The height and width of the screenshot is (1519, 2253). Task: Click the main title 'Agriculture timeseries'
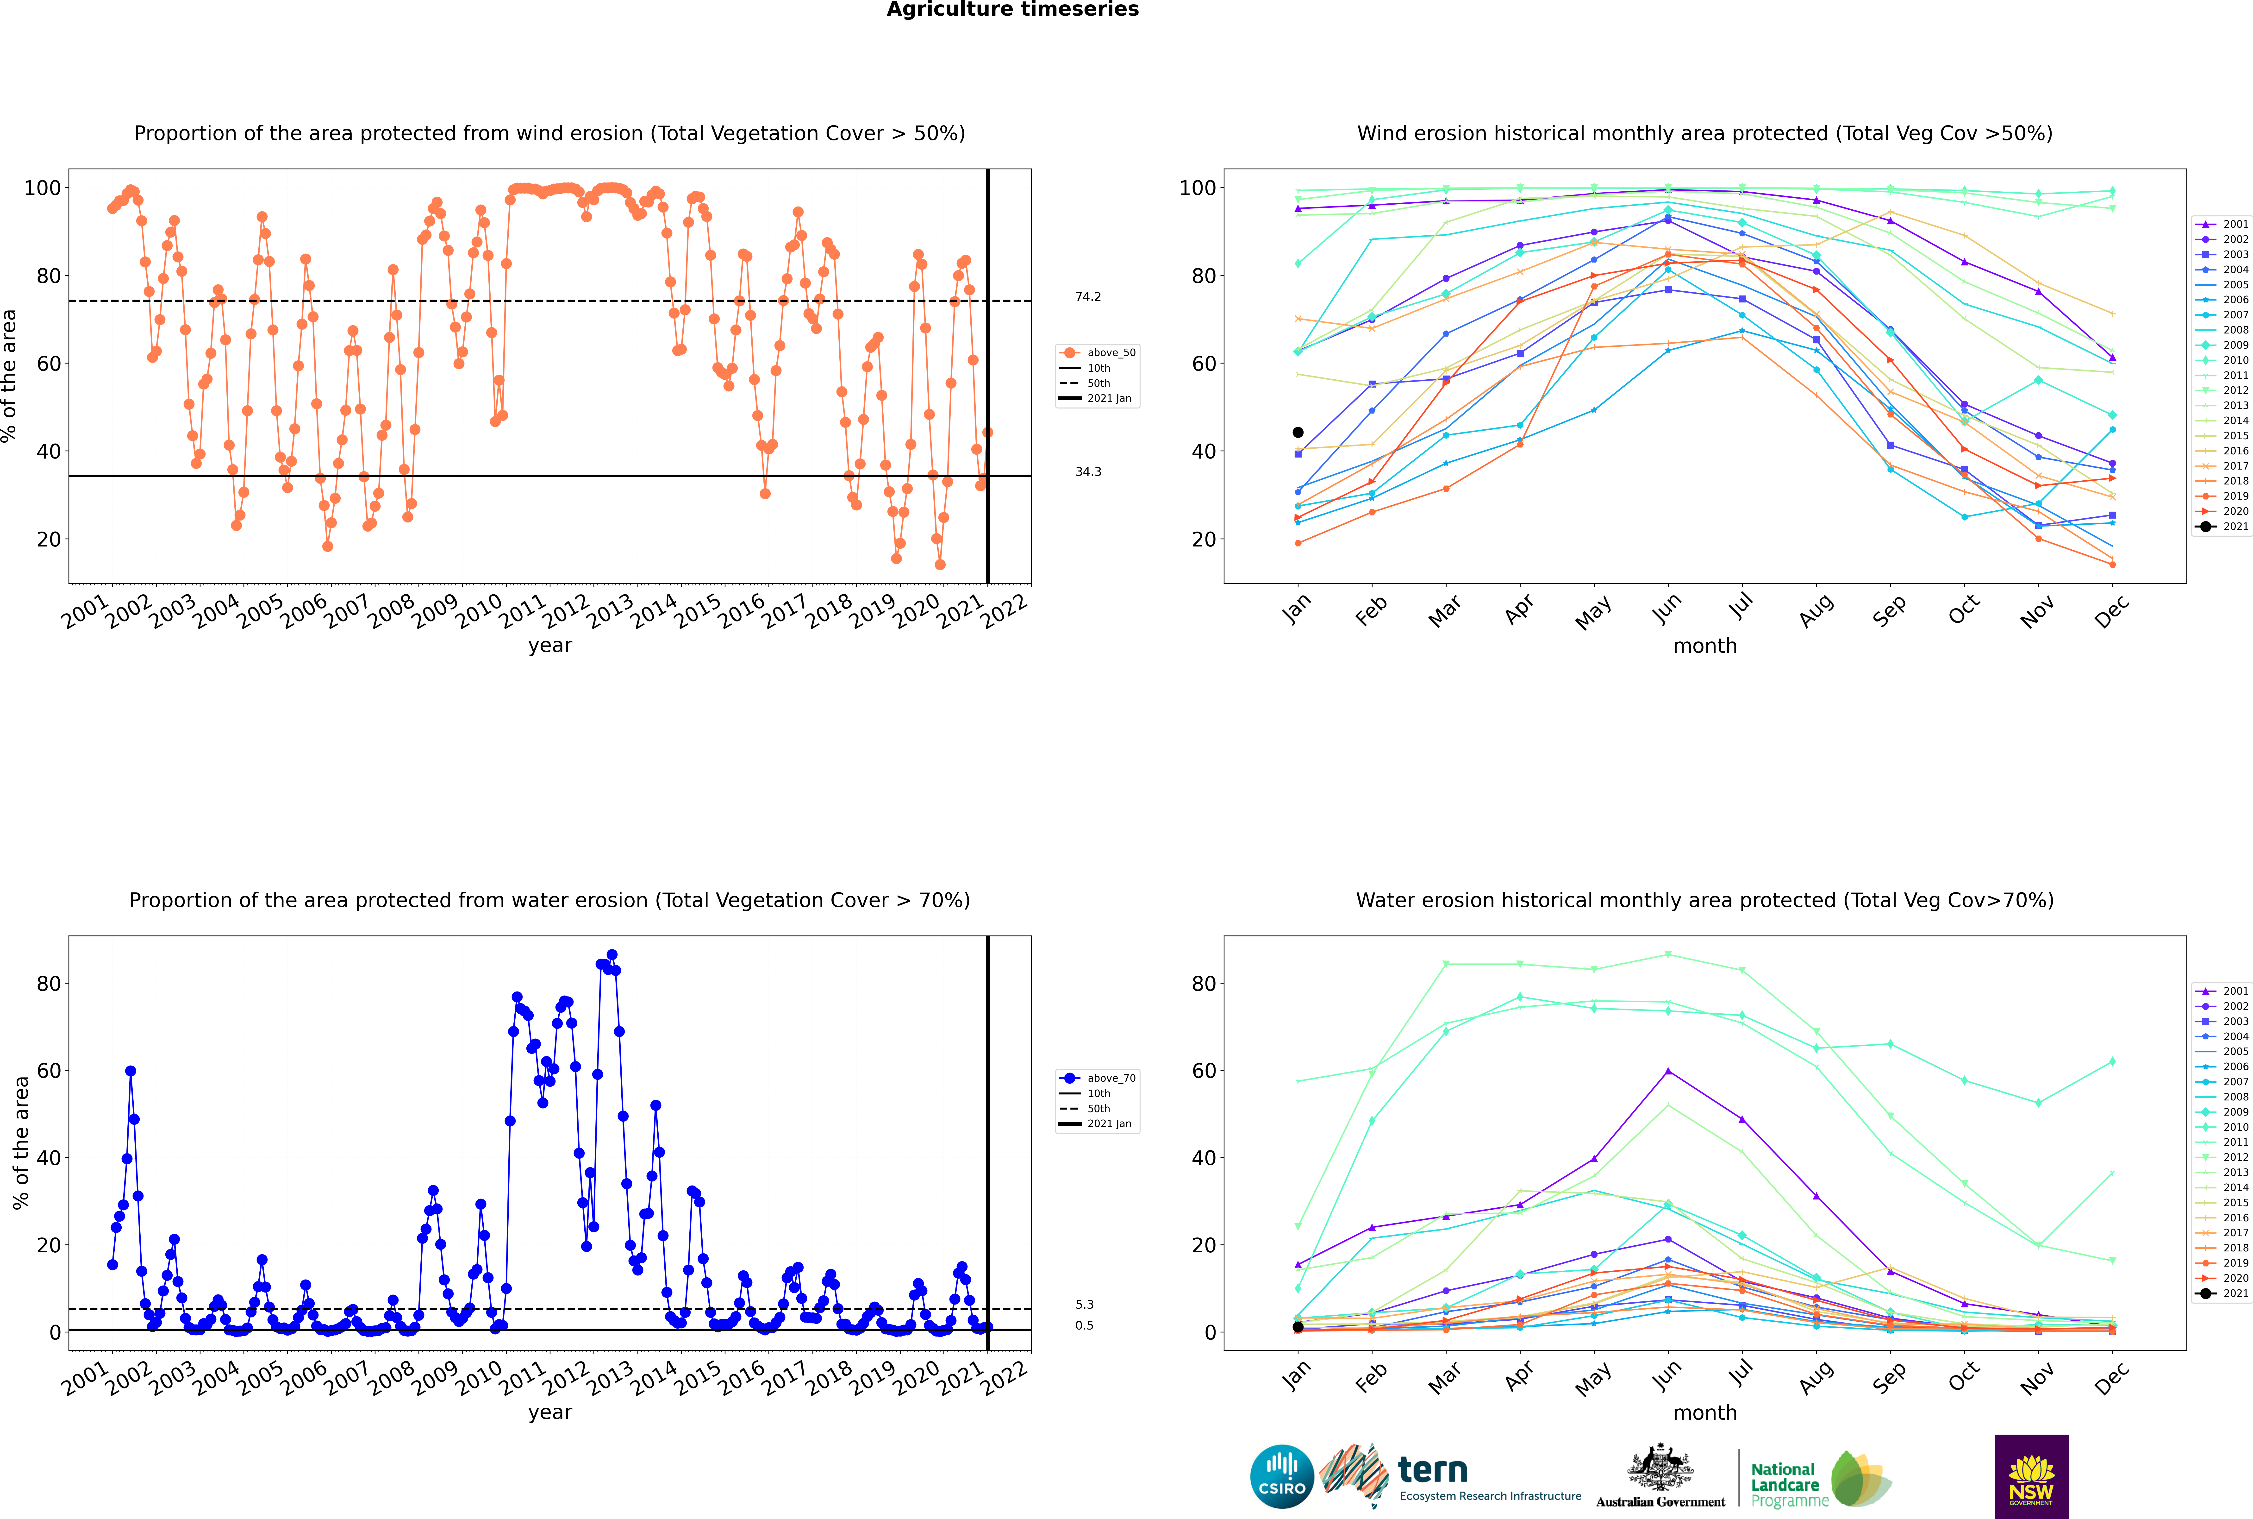(x=1012, y=10)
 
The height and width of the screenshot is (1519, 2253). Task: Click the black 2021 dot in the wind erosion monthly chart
(x=1298, y=432)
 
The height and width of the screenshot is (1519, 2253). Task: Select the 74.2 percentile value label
(x=1088, y=296)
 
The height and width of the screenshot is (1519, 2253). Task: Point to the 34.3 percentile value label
(x=1088, y=472)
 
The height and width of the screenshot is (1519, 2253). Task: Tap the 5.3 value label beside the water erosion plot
(x=1084, y=1305)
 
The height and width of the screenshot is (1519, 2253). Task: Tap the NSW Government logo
(x=2031, y=1476)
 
